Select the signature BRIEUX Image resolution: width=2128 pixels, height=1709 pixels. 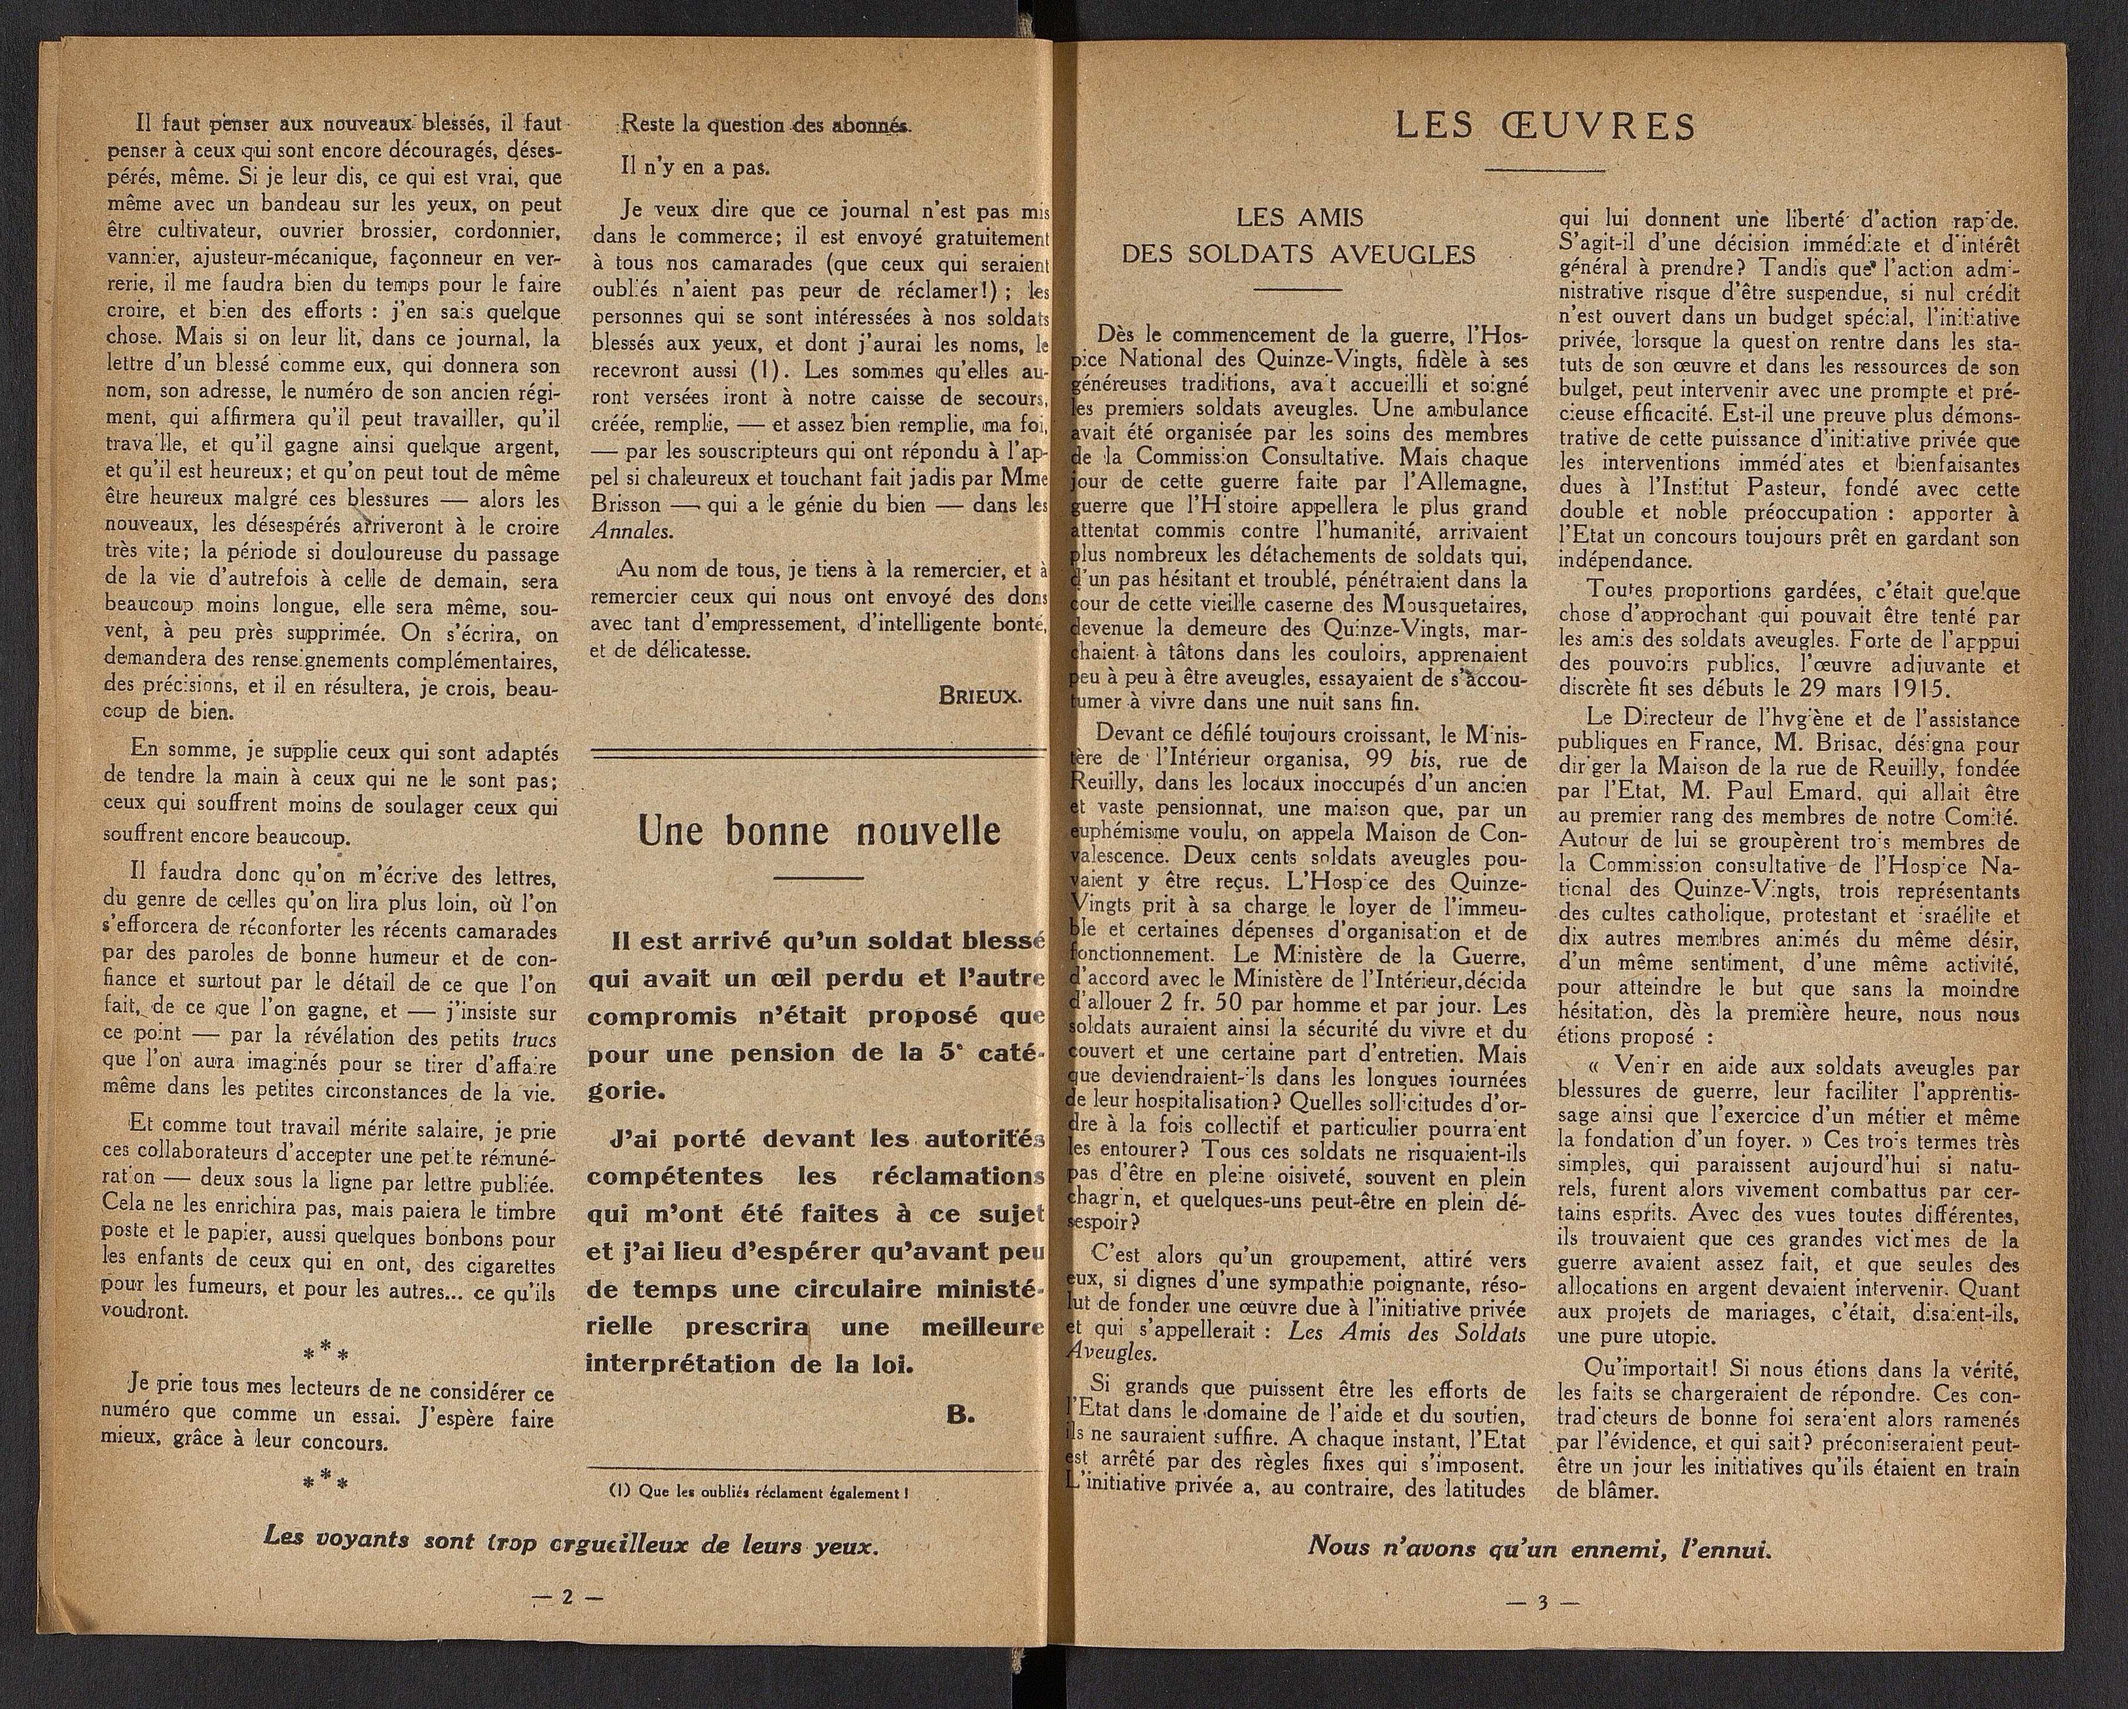[x=980, y=694]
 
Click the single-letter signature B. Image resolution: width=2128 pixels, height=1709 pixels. [x=957, y=1414]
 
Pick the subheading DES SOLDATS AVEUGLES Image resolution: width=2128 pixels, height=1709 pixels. [x=1298, y=255]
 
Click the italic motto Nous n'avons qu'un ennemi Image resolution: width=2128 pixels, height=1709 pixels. [x=1541, y=1573]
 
